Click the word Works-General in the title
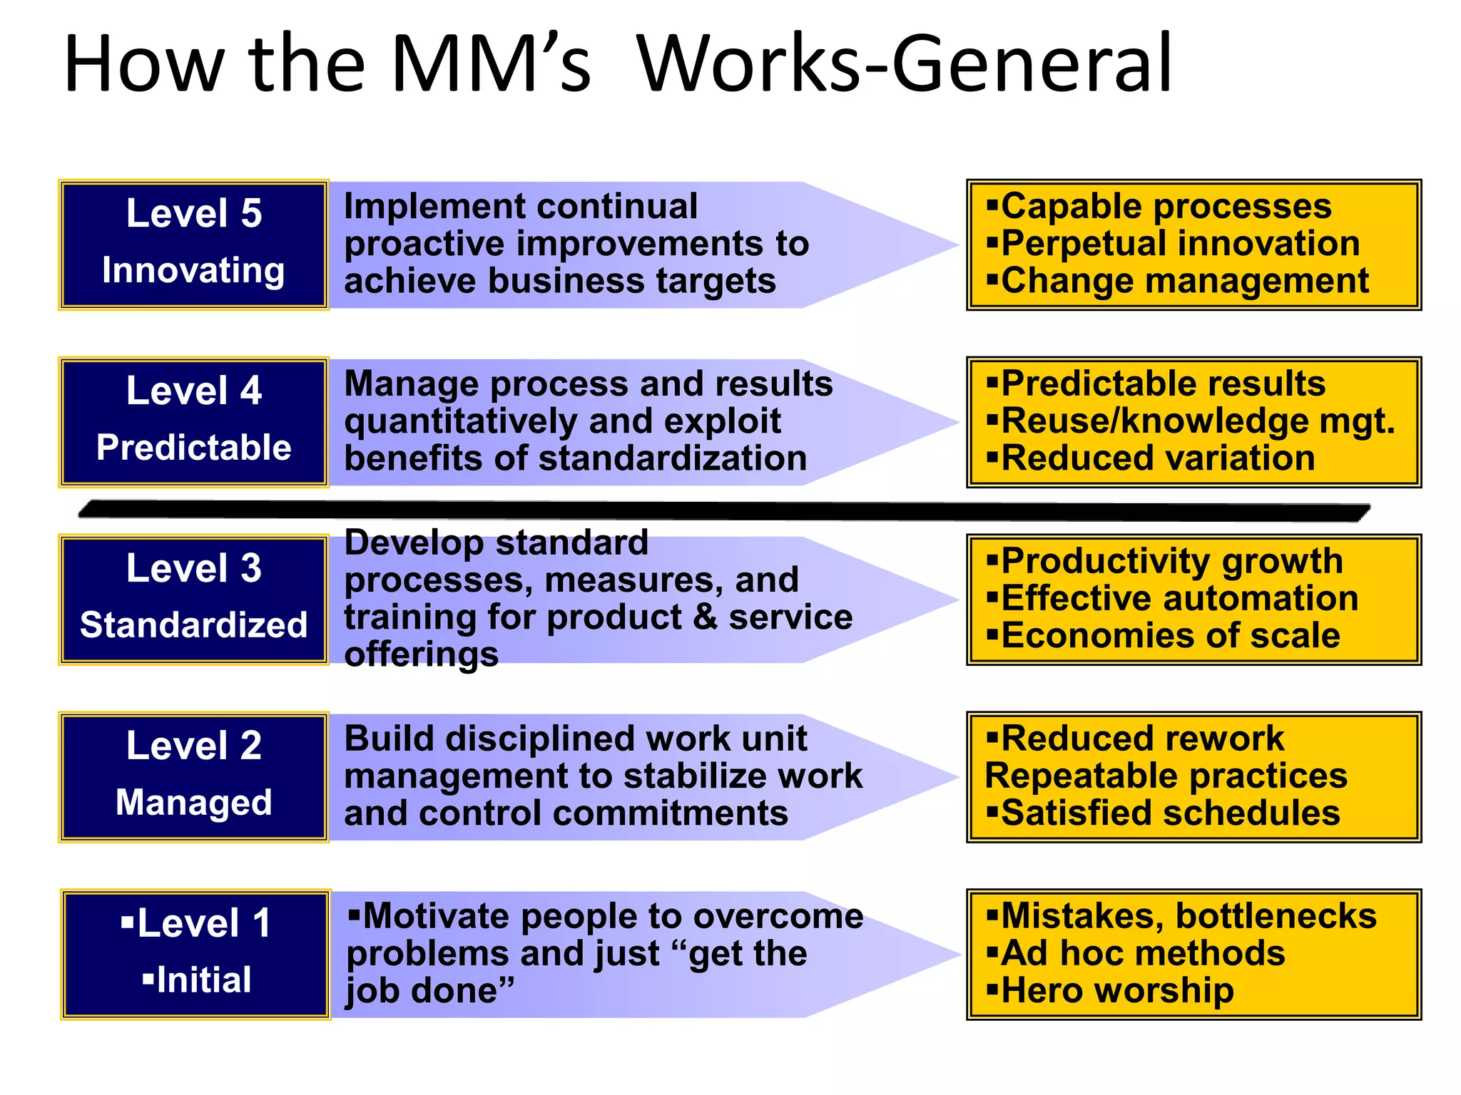(x=905, y=64)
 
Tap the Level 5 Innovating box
(x=193, y=245)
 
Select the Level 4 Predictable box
(x=193, y=422)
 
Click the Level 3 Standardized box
(x=193, y=600)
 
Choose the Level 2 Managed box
(x=193, y=777)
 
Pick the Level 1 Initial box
(x=195, y=954)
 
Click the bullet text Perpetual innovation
(x=1180, y=244)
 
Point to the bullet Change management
(x=1184, y=281)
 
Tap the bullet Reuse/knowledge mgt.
(x=1197, y=421)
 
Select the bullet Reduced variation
(x=1157, y=458)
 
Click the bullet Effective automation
(x=1179, y=598)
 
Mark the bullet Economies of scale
(x=1170, y=636)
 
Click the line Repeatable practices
(x=1166, y=776)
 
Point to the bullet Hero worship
(x=1116, y=991)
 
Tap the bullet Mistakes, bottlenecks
(x=1188, y=917)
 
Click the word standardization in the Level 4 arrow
(x=672, y=458)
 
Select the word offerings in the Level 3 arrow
(x=421, y=654)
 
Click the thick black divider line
(x=724, y=510)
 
